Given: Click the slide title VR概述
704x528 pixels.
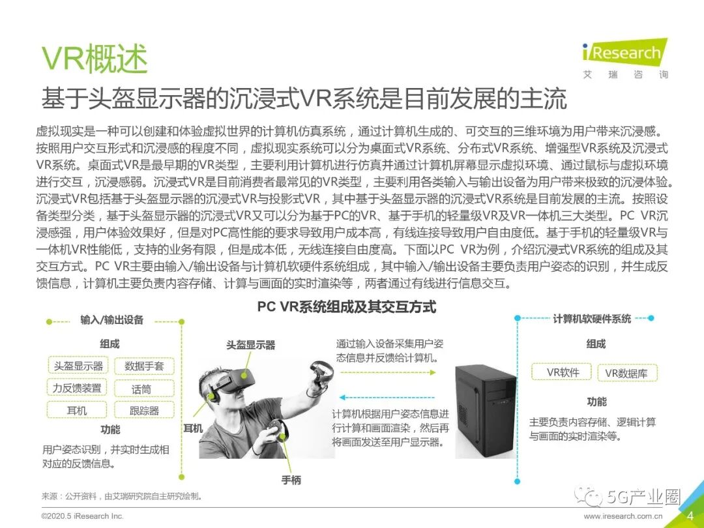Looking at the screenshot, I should [95, 59].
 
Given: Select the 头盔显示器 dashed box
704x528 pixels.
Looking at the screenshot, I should [78, 366].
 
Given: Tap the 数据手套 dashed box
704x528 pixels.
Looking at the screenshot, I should [144, 366].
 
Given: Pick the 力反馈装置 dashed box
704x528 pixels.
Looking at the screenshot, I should [78, 389].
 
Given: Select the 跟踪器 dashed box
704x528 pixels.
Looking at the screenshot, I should [144, 411].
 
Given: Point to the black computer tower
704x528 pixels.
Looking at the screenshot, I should [485, 411].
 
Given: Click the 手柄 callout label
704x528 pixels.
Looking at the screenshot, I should [291, 480].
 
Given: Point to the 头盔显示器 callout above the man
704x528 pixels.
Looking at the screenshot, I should [250, 345].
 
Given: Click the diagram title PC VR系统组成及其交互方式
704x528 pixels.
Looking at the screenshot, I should [346, 307].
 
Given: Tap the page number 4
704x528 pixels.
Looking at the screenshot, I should [690, 516].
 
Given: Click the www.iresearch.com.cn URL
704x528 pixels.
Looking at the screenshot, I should [626, 516].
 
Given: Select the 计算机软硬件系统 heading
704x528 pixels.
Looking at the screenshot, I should [592, 319].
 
